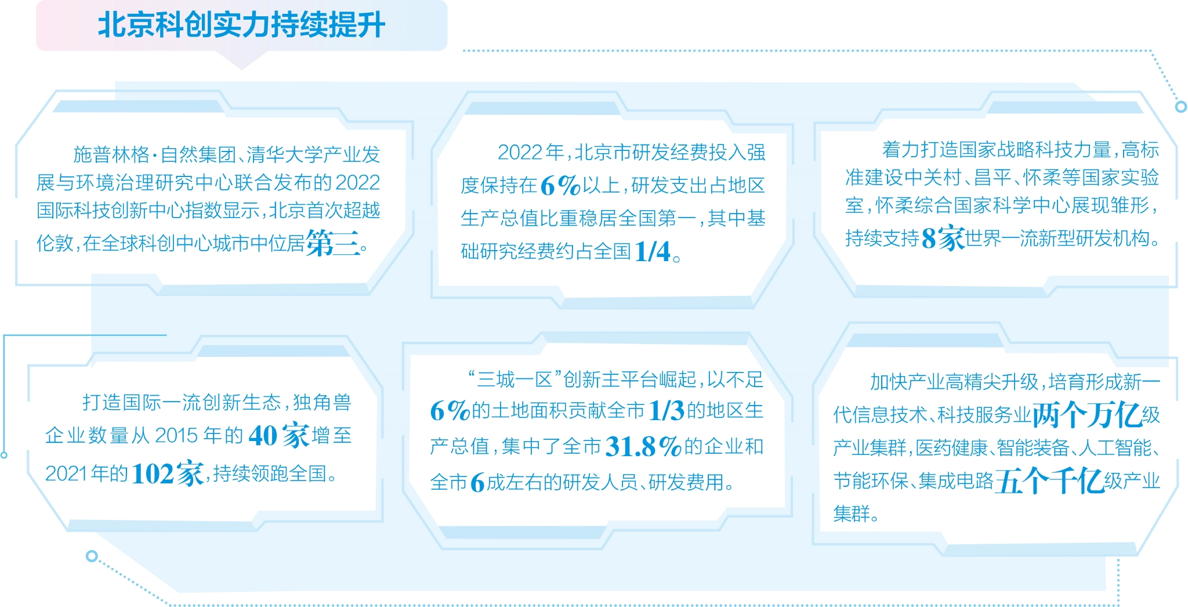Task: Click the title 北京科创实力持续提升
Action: (241, 26)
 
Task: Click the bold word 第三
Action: (333, 243)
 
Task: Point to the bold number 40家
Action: (278, 435)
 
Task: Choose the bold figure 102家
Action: (168, 474)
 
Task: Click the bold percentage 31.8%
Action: (643, 447)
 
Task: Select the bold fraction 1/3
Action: (667, 411)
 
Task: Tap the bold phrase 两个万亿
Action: (1086, 415)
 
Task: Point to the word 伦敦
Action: (55, 243)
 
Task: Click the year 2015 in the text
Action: (177, 435)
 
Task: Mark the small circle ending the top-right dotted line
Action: (1180, 107)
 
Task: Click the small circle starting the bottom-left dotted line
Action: (91, 556)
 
